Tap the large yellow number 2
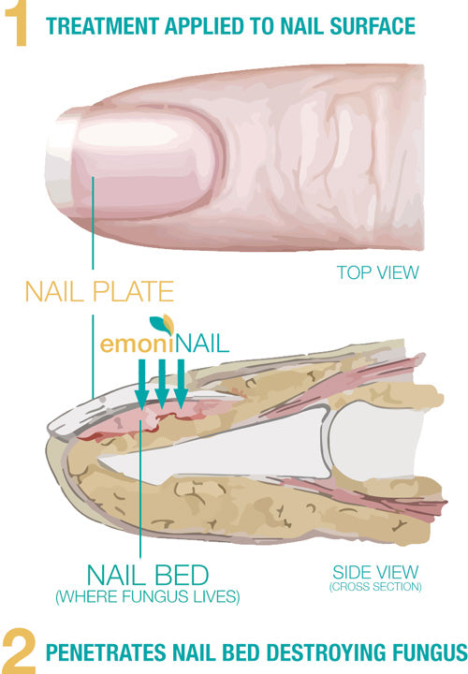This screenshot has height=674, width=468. [x=19, y=651]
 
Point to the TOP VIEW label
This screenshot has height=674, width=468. [x=377, y=272]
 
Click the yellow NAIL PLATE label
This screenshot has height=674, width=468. [x=99, y=291]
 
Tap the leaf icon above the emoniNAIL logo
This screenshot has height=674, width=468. [x=162, y=324]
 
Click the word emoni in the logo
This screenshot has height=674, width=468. [x=137, y=344]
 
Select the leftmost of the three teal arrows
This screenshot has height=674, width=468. [x=141, y=384]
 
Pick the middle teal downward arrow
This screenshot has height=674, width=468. [x=162, y=384]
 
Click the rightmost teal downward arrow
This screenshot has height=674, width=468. [x=181, y=384]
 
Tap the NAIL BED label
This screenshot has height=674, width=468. [x=148, y=575]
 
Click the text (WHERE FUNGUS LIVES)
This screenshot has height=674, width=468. [x=147, y=596]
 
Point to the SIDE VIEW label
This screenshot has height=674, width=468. [x=375, y=572]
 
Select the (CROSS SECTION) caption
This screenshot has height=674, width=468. [x=375, y=587]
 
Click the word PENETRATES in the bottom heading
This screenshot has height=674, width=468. [x=106, y=652]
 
